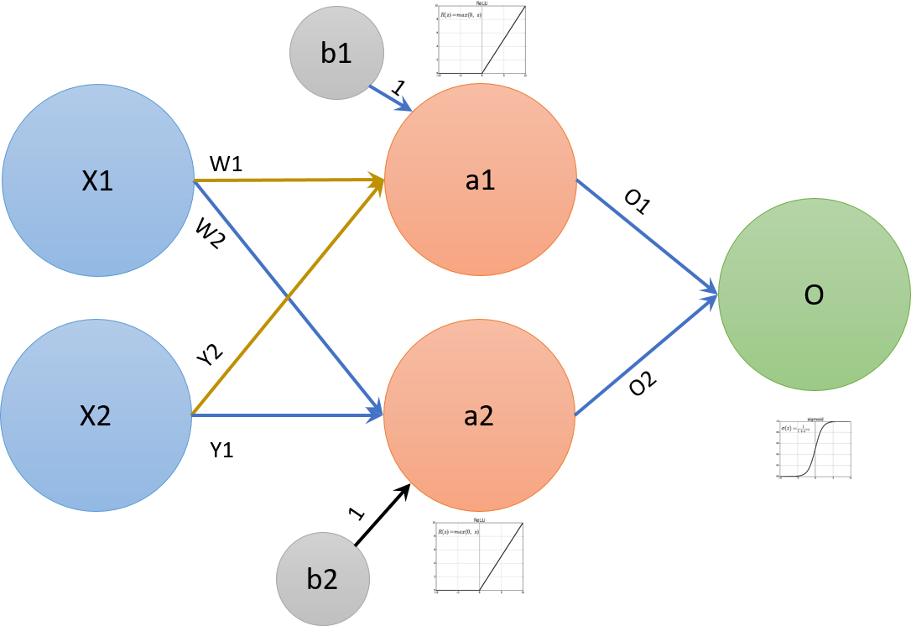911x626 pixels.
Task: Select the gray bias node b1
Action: [x=336, y=53]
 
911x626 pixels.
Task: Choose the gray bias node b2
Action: [x=323, y=579]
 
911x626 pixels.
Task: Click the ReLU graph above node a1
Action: [x=480, y=40]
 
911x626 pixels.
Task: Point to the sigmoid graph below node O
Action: [x=814, y=448]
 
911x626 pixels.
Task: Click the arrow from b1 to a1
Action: [x=390, y=98]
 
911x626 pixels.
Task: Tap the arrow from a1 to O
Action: [x=646, y=235]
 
